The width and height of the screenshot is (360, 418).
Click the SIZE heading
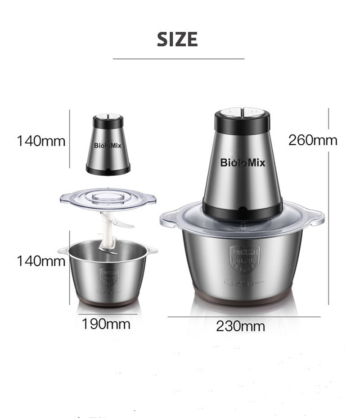177,40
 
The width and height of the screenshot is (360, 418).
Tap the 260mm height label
313,140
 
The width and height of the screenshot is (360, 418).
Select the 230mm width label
240,326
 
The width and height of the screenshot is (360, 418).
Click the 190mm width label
106,323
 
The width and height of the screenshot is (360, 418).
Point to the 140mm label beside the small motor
41,141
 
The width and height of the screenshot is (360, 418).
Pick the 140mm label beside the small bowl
41,261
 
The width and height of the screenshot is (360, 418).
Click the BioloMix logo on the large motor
243,162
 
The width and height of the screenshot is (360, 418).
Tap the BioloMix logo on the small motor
108,146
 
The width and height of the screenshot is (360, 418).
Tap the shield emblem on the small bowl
108,275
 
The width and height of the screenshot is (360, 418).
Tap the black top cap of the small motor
108,120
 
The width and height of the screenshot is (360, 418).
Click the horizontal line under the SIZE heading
178,58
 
